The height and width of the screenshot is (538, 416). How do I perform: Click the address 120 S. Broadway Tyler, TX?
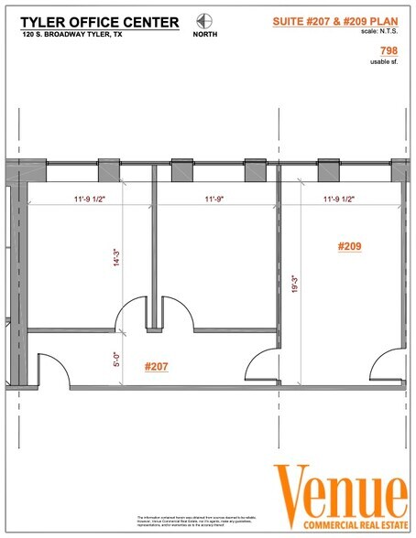point(71,35)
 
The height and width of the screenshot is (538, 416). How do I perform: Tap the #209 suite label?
point(352,246)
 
